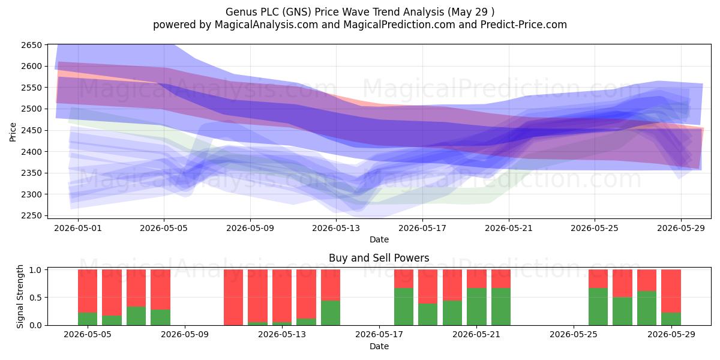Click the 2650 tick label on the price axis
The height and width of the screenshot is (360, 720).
point(31,45)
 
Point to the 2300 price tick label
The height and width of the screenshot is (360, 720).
point(31,194)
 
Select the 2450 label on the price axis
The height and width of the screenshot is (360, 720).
point(31,131)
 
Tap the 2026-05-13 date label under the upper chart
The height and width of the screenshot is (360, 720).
point(336,228)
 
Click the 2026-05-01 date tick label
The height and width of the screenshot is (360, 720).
point(78,228)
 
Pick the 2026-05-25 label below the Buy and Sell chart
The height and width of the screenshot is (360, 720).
point(574,335)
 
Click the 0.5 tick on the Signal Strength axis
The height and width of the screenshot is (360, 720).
point(35,298)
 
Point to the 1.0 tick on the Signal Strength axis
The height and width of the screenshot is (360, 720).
point(35,270)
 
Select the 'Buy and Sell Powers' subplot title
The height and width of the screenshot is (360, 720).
point(379,258)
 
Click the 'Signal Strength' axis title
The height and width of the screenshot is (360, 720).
point(20,296)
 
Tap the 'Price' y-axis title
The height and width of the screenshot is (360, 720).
point(13,132)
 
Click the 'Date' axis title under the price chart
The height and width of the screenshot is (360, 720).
point(379,239)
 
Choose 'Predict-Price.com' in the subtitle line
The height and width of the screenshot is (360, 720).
point(524,25)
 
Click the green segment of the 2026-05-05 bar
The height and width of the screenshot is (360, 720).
point(88,319)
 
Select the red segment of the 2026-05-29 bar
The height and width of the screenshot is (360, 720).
point(671,291)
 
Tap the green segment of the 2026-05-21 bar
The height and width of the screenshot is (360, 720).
point(476,307)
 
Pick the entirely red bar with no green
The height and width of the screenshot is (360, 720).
point(233,298)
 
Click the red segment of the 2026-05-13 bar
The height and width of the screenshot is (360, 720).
point(282,296)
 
